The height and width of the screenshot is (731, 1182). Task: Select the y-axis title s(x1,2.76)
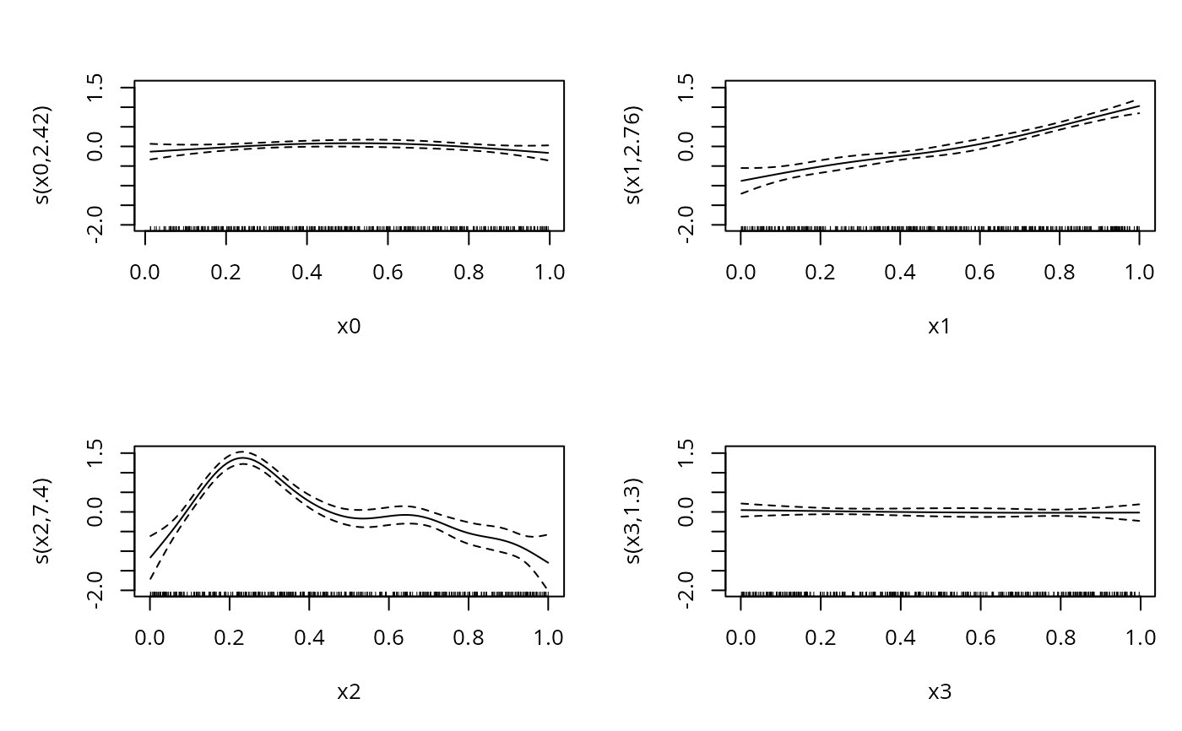[635, 156]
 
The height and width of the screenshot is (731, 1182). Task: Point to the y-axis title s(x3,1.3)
[635, 522]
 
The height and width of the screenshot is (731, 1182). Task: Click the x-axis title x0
[349, 327]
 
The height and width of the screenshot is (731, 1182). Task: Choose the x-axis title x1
[940, 327]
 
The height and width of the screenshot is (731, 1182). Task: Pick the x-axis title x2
[349, 692]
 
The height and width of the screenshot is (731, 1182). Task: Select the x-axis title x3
[940, 692]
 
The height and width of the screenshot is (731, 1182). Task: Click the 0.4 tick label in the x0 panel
[307, 272]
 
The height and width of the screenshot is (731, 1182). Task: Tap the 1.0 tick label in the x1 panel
[1139, 272]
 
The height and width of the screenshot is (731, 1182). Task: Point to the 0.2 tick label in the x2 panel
[229, 637]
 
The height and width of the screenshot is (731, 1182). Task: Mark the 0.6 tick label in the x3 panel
[980, 637]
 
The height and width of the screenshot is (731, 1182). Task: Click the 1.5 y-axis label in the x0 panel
[95, 87]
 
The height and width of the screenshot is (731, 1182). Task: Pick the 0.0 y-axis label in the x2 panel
[95, 512]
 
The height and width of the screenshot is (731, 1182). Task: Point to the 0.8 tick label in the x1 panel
[1060, 272]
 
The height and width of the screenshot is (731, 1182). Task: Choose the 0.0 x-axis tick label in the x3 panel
[740, 637]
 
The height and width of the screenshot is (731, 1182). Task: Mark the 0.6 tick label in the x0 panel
[388, 272]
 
